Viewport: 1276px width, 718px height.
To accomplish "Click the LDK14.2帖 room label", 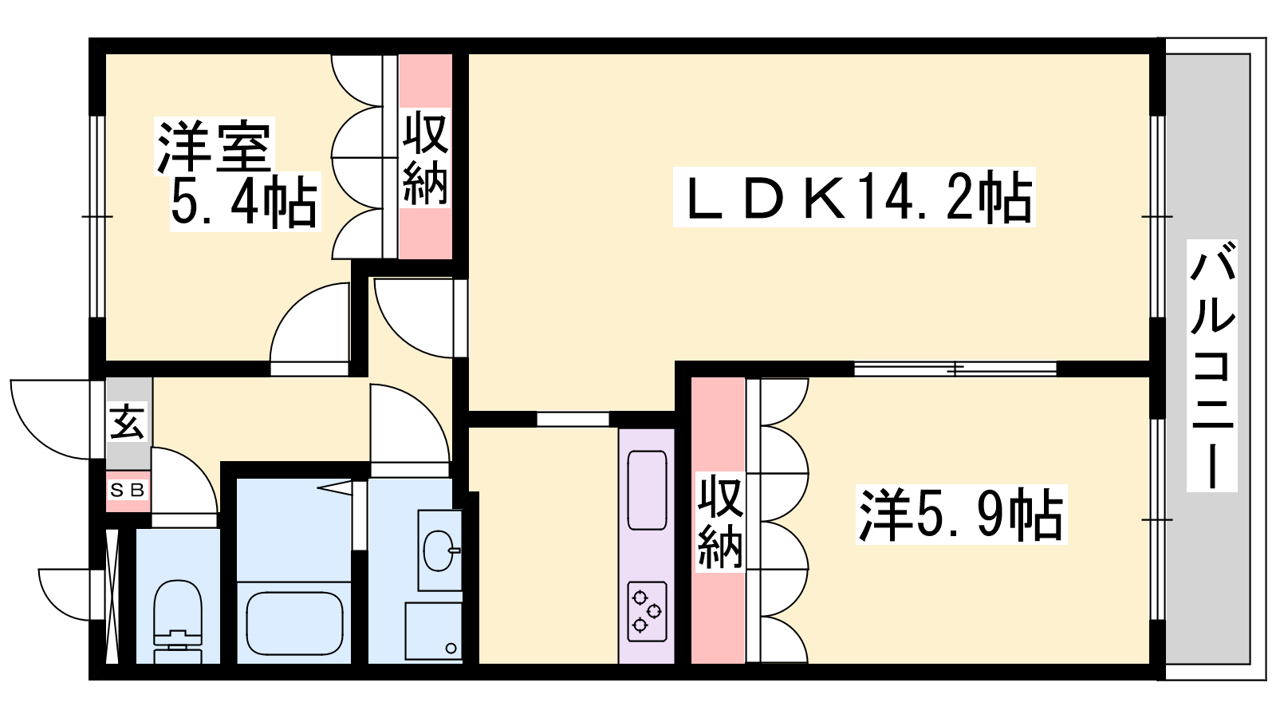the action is (x=854, y=197).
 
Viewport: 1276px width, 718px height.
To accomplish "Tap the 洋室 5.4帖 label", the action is (x=238, y=174).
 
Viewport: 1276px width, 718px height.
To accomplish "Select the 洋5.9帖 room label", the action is (x=961, y=515).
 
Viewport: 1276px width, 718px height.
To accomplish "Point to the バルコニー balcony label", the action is (x=1212, y=365).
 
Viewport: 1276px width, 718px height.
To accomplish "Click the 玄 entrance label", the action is (x=128, y=422).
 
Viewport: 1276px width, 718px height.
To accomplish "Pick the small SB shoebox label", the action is (x=128, y=491).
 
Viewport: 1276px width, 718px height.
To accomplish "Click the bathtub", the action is (x=294, y=623).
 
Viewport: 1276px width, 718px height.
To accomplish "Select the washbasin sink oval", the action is (x=439, y=550).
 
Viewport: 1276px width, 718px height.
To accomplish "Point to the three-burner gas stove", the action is (x=647, y=611).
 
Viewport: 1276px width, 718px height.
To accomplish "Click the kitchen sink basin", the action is (x=647, y=490).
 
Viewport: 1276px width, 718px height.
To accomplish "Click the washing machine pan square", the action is (x=434, y=631).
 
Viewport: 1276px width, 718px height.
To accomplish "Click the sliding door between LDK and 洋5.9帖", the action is (x=955, y=369).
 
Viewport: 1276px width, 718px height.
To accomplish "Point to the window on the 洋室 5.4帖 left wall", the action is (x=97, y=216).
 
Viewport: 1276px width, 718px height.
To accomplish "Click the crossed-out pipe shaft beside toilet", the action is (x=112, y=597).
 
